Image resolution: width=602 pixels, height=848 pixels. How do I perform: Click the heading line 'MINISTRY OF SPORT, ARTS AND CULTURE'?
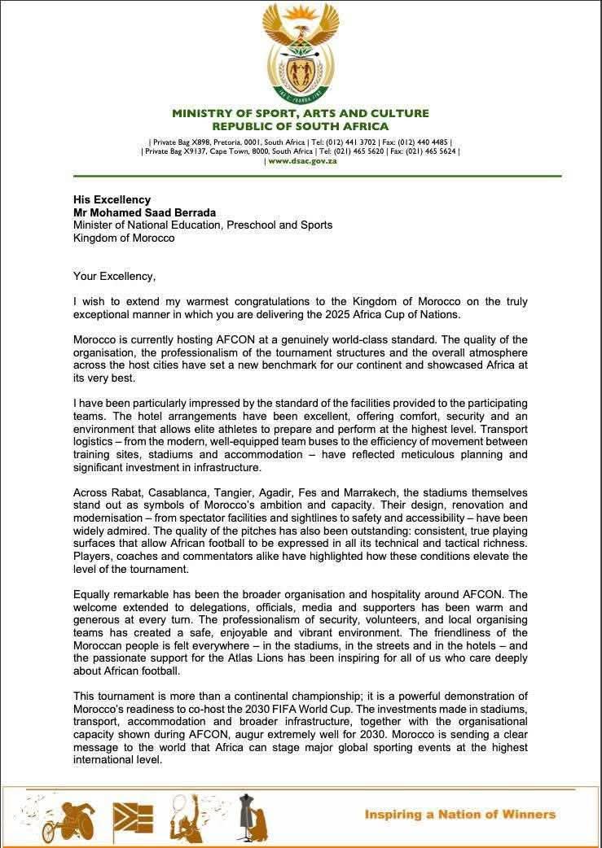pyautogui.click(x=301, y=113)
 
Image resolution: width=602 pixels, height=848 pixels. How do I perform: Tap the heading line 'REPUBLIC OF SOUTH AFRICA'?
pyautogui.click(x=301, y=126)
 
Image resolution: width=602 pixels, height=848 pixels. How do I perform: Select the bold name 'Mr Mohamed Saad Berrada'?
pyautogui.click(x=144, y=212)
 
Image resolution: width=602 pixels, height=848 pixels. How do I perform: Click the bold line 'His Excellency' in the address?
pyautogui.click(x=112, y=199)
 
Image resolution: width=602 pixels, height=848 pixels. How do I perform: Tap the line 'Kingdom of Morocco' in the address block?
pyautogui.click(x=124, y=238)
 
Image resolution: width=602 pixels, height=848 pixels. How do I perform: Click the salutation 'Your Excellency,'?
pyautogui.click(x=114, y=276)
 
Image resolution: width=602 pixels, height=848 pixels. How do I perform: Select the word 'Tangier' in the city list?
pyautogui.click(x=229, y=493)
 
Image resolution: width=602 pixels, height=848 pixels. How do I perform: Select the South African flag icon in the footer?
pyautogui.click(x=133, y=816)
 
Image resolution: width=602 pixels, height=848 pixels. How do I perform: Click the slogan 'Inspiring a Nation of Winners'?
pyautogui.click(x=459, y=814)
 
